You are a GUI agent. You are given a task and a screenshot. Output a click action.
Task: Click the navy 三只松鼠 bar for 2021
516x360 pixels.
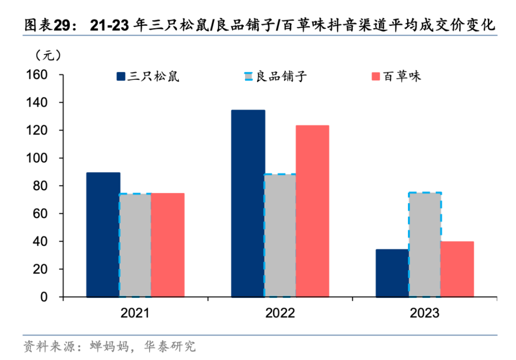point(103,235)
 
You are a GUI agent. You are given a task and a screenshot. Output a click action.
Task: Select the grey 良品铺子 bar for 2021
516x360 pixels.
point(135,245)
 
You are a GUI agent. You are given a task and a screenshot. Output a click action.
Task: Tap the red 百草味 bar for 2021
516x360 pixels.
point(168,245)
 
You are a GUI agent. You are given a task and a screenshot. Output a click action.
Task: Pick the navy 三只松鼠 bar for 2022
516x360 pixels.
point(248,204)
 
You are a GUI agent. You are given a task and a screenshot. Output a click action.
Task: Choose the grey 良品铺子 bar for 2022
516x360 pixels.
point(280,235)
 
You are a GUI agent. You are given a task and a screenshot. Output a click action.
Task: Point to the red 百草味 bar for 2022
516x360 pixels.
point(312,211)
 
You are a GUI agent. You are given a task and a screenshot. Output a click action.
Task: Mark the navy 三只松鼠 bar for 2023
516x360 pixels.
point(392,273)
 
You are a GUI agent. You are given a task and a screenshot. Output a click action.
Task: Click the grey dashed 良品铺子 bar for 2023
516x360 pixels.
point(425,245)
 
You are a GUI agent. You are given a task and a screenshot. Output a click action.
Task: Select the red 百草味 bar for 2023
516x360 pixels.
point(457,269)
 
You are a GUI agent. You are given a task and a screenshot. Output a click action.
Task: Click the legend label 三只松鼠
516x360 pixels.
point(153,76)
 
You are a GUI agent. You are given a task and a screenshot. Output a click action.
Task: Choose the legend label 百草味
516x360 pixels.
point(402,76)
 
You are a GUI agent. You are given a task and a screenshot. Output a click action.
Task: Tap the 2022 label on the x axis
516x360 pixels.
point(280,313)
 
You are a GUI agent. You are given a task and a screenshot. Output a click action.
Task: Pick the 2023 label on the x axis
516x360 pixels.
point(425,313)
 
